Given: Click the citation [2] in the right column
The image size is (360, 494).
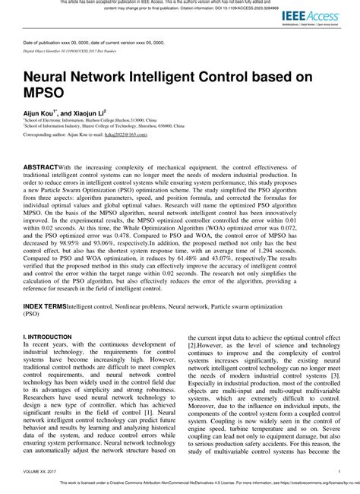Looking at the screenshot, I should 192,344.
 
